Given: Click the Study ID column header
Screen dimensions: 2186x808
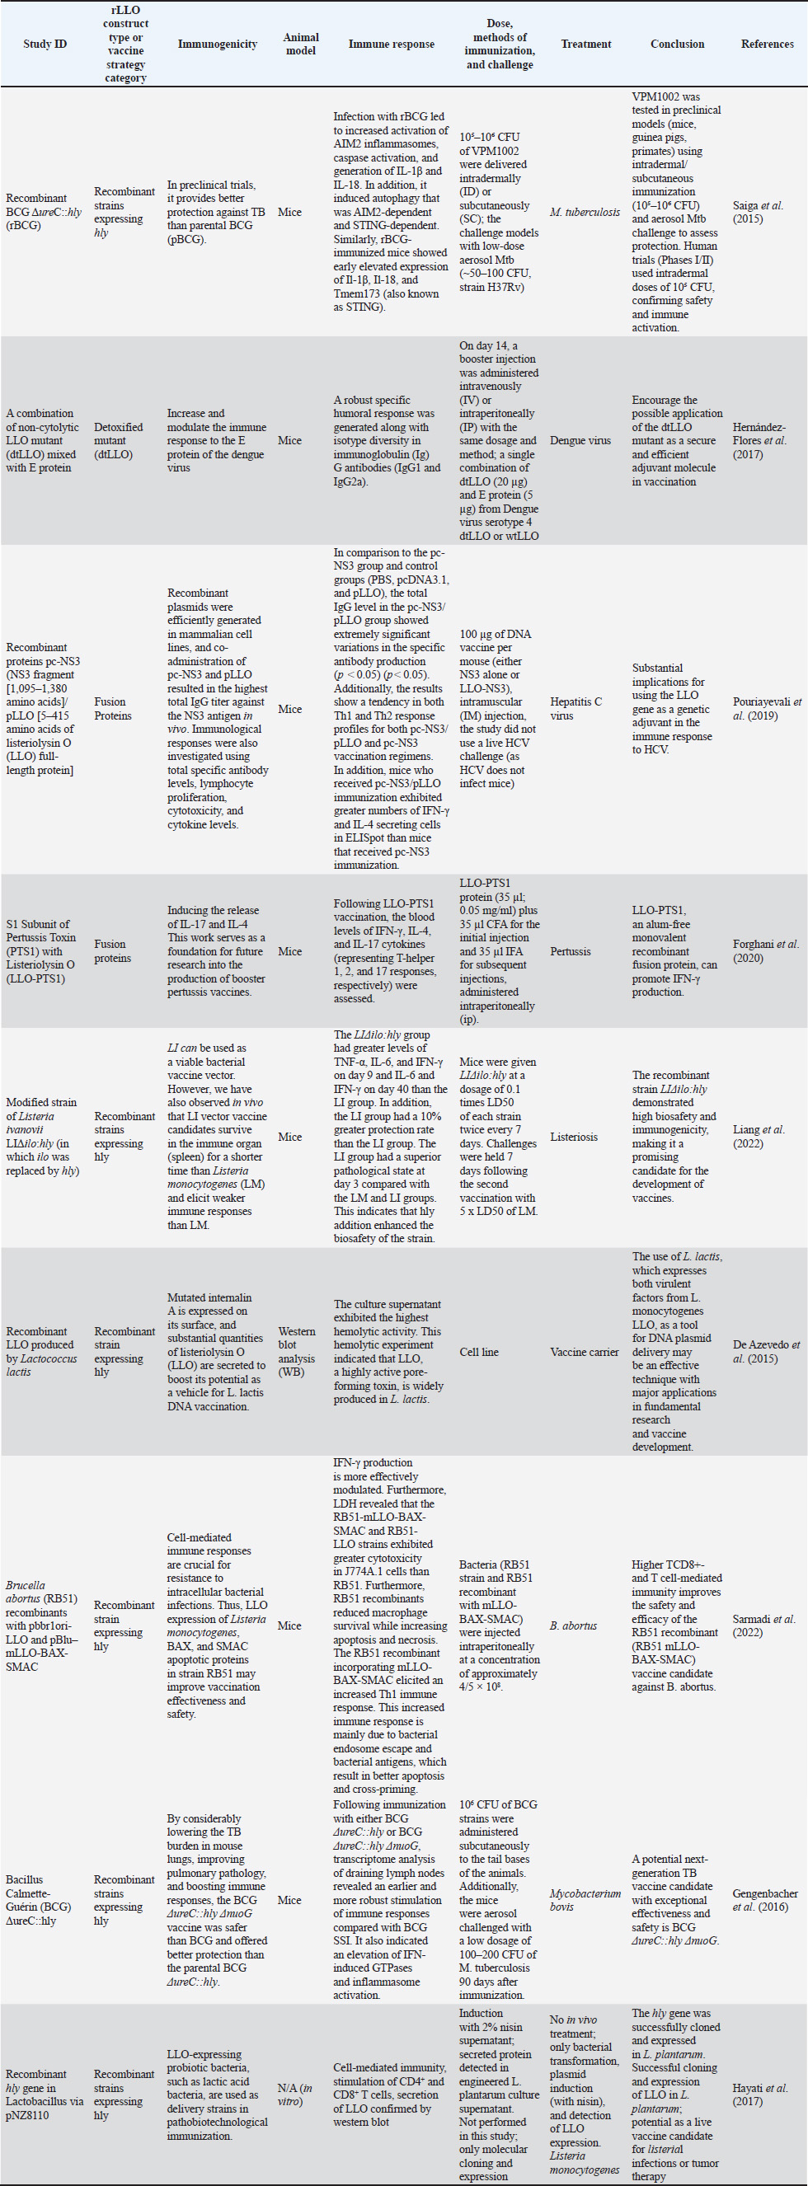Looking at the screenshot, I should pyautogui.click(x=45, y=45).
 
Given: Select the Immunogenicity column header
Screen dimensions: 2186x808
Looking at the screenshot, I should pyautogui.click(x=218, y=45).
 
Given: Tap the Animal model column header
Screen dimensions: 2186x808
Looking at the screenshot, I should pyautogui.click(x=300, y=45).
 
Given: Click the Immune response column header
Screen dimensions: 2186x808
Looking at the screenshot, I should pyautogui.click(x=392, y=45).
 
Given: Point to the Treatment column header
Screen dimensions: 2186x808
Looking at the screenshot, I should pyautogui.click(x=585, y=45).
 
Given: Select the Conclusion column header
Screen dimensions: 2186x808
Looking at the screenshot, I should pyautogui.click(x=677, y=45).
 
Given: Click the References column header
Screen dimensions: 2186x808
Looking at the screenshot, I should pyautogui.click(x=768, y=45).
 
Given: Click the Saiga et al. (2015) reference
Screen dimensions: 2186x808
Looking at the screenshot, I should pyautogui.click(x=758, y=212).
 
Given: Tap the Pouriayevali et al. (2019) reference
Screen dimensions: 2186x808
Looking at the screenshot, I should pyautogui.click(x=767, y=709).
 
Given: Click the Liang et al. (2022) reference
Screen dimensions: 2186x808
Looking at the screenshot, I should pyautogui.click(x=759, y=1137).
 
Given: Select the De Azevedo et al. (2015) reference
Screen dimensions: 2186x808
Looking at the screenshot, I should pyautogui.click(x=767, y=1351).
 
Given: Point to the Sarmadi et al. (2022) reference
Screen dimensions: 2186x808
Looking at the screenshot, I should pyautogui.click(x=763, y=1625).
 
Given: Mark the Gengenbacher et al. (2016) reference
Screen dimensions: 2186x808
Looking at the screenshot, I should pyautogui.click(x=765, y=1900).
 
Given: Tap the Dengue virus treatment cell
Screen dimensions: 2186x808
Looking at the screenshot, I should pyautogui.click(x=580, y=440).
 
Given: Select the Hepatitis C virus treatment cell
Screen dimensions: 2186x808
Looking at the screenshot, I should pyautogui.click(x=575, y=709).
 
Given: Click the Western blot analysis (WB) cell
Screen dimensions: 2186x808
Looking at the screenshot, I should pyautogui.click(x=297, y=1351).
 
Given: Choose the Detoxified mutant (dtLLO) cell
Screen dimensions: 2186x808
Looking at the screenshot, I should pyautogui.click(x=119, y=440).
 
